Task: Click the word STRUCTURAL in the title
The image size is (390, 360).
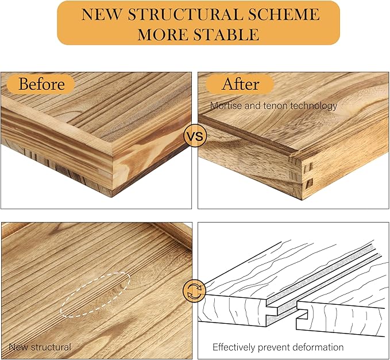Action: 185,14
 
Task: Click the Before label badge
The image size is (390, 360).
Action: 41,84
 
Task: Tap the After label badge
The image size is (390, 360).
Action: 240,84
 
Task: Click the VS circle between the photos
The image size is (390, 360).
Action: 195,136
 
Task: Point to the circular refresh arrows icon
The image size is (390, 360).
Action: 194,291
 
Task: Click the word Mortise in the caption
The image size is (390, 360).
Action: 226,106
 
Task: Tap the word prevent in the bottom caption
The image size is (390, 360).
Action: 273,347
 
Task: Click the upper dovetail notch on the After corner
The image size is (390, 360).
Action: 309,166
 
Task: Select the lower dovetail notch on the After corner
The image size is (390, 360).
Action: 309,183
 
